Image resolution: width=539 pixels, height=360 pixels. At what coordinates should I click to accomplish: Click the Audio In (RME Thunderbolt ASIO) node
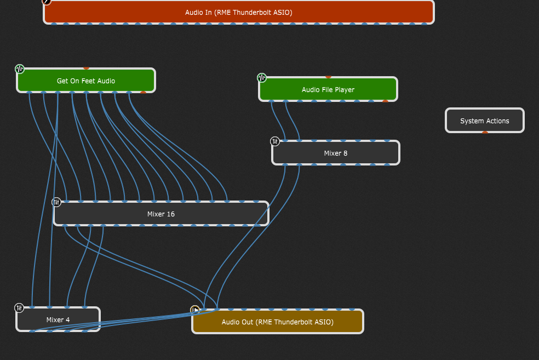click(238, 12)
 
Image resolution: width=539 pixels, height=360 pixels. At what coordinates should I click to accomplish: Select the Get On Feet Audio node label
click(86, 81)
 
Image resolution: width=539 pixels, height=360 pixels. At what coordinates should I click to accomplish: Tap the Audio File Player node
click(328, 90)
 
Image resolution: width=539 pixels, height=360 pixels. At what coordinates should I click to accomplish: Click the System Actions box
click(484, 121)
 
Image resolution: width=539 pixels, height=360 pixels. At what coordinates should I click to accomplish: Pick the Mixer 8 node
click(335, 153)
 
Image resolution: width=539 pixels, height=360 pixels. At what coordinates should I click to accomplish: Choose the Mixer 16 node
click(160, 214)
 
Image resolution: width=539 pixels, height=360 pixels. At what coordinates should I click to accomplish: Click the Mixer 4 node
click(58, 320)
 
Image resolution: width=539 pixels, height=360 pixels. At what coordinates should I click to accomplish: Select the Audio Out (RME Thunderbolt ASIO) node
click(277, 322)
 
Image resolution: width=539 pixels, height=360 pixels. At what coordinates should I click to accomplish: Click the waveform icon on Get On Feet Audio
click(20, 69)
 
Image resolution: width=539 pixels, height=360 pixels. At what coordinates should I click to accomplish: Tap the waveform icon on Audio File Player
click(262, 77)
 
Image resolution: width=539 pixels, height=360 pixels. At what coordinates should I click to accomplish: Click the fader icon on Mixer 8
click(275, 141)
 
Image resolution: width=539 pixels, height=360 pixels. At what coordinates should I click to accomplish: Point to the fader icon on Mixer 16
click(56, 202)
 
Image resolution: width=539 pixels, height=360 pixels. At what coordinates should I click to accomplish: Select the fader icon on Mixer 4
click(19, 308)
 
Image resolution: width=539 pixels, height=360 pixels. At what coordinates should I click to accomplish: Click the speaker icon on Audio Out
click(195, 310)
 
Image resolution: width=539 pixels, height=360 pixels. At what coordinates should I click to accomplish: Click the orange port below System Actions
click(485, 132)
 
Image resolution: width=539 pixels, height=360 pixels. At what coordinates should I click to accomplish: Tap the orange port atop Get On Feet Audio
click(86, 68)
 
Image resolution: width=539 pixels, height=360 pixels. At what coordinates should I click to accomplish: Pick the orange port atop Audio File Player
click(328, 77)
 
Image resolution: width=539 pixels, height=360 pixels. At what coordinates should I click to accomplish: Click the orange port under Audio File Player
click(385, 101)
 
